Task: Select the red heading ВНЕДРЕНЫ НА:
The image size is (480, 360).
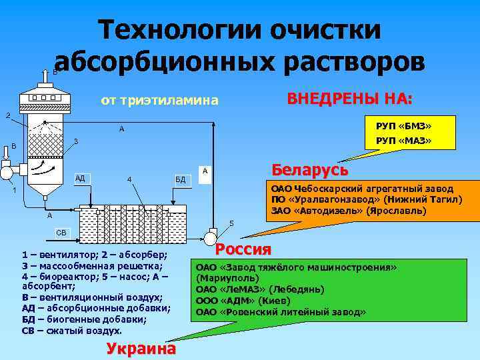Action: click(350, 99)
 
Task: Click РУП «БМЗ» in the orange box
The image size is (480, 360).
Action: click(404, 125)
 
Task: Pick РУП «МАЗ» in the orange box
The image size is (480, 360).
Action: click(404, 141)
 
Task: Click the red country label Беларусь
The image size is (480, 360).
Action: click(309, 169)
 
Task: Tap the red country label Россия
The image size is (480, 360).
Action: click(244, 249)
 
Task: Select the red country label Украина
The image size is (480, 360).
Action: click(141, 349)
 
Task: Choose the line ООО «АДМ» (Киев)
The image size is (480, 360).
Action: click(242, 301)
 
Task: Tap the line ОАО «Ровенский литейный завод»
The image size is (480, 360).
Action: click(281, 312)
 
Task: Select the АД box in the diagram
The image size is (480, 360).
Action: click(81, 178)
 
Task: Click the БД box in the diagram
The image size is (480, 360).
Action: click(181, 179)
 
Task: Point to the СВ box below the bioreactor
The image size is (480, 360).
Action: click(61, 233)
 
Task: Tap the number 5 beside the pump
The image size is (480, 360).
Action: click(231, 222)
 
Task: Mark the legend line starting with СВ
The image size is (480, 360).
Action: click(72, 331)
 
